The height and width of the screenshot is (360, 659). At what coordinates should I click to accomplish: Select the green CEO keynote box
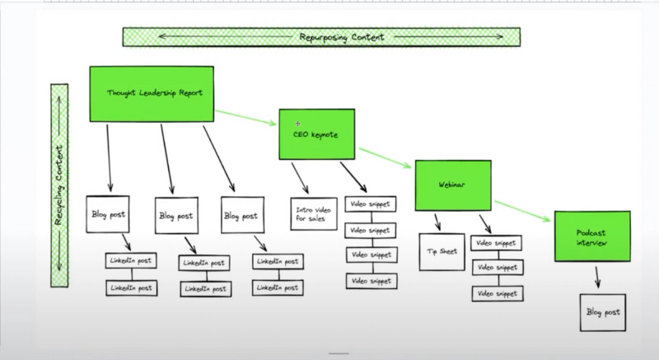317,133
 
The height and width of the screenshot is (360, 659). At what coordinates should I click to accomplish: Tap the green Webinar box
452,185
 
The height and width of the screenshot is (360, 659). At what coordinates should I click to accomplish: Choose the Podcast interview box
591,236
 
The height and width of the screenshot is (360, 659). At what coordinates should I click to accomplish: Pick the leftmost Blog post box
108,215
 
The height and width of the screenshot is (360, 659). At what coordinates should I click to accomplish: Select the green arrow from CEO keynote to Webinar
385,160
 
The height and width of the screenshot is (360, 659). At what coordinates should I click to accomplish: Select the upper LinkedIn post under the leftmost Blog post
129,261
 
